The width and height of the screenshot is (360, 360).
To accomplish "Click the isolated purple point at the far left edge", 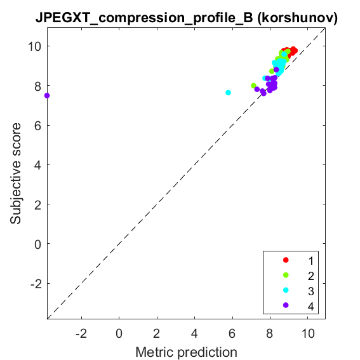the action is click(x=47, y=95).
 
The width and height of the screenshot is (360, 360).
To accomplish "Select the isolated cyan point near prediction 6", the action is click(x=228, y=93).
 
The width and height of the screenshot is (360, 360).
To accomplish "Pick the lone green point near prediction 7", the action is click(x=253, y=86).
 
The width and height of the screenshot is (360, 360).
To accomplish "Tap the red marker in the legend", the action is click(x=286, y=260).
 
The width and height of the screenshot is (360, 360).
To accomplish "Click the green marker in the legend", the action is click(x=286, y=275).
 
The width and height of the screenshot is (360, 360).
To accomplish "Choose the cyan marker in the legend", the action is click(x=286, y=290).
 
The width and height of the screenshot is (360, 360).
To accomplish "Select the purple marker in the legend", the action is click(x=286, y=305).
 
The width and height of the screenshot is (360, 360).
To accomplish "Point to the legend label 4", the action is click(x=311, y=306).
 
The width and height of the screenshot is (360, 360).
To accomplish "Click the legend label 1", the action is click(x=311, y=261).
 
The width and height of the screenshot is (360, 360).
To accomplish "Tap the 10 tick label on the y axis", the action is click(x=34, y=46).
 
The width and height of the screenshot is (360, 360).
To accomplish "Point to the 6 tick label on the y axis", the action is click(x=38, y=126).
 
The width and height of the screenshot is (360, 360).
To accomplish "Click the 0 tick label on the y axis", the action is click(x=38, y=244).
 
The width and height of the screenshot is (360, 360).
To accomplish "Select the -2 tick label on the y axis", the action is click(x=36, y=284).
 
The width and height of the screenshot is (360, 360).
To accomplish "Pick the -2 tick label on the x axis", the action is click(x=81, y=333).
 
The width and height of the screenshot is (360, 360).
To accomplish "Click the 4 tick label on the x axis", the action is click(x=194, y=333).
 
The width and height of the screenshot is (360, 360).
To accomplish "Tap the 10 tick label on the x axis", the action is click(x=308, y=333).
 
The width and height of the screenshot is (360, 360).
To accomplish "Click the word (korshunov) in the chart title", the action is click(x=298, y=18).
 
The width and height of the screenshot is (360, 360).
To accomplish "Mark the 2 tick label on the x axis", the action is click(x=157, y=333).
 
